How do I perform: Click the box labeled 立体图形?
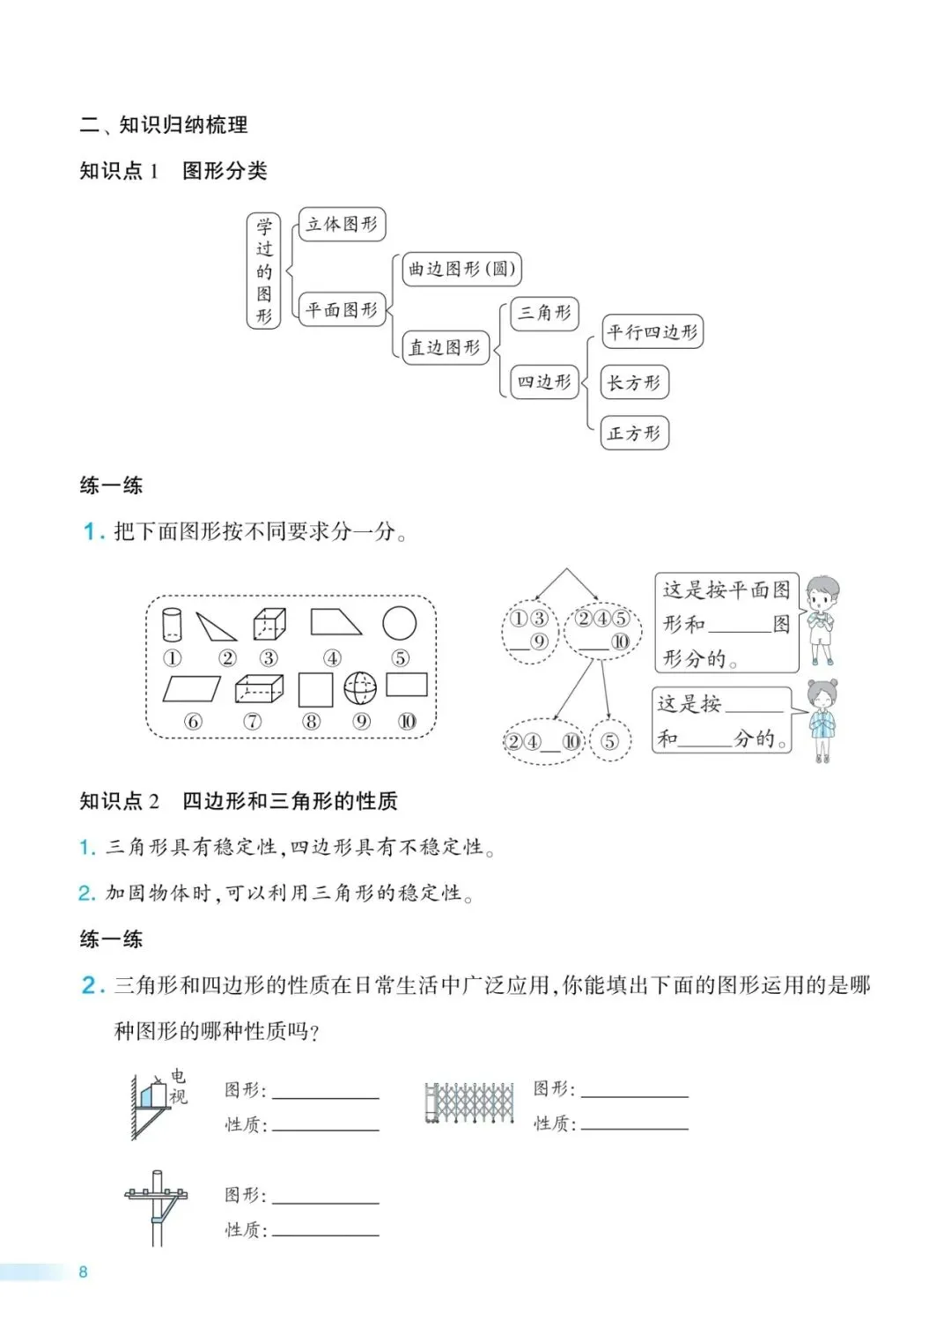tap(342, 225)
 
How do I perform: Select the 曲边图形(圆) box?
tap(461, 269)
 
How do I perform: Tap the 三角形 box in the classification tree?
tap(545, 313)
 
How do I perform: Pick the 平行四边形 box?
tap(652, 332)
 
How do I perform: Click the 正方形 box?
tap(634, 434)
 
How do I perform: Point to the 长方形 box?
tap(634, 382)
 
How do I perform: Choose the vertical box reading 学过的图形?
tap(264, 271)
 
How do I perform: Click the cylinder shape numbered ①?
tap(172, 624)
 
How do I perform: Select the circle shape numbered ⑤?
tap(400, 623)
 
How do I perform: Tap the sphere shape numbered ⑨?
tap(360, 688)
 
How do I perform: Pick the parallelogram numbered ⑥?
tap(192, 688)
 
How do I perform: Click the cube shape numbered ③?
tap(269, 624)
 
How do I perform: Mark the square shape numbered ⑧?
tap(315, 690)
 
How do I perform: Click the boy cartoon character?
tap(822, 619)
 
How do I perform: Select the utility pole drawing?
tap(157, 1207)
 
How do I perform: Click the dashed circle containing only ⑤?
tap(609, 741)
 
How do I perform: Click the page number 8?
tap(84, 1272)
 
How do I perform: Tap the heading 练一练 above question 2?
tap(111, 939)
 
